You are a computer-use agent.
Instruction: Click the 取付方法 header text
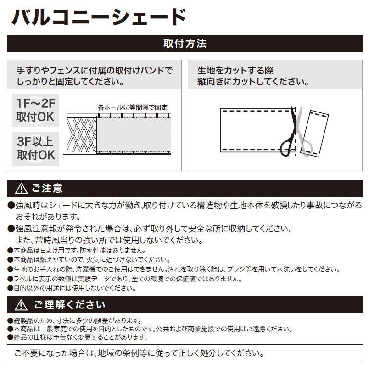[184, 44]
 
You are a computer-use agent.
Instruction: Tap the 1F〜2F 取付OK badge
[35, 110]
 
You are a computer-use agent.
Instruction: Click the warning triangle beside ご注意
[21, 189]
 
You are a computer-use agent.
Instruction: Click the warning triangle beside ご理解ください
[21, 305]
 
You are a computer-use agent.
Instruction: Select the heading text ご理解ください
[69, 305]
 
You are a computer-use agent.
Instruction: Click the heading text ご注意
[47, 189]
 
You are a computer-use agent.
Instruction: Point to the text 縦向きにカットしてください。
[252, 83]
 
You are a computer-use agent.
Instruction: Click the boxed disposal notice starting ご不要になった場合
[184, 353]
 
